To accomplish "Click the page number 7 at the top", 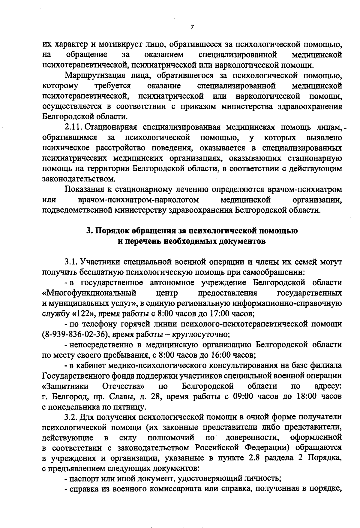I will point(192,27).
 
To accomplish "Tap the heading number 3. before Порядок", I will point(89,231).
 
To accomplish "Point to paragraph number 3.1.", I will point(70,262).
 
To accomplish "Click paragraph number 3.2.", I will point(71,417).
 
